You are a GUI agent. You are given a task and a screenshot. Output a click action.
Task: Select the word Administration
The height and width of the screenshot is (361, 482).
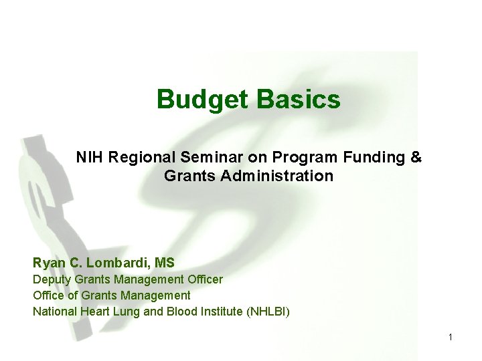point(280,176)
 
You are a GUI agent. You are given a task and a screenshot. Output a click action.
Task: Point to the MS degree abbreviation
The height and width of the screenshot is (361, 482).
point(165,263)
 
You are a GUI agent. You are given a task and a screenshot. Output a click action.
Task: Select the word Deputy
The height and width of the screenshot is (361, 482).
point(52,279)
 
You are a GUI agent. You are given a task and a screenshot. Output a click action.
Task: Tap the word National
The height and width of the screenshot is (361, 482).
point(54,311)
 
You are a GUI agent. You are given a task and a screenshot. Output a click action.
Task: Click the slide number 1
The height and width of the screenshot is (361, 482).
point(451,338)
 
